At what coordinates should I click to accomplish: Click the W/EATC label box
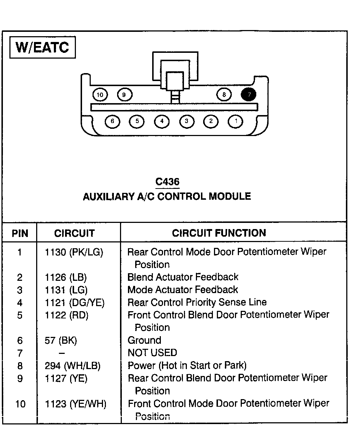42,47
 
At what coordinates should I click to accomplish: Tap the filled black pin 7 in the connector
249,95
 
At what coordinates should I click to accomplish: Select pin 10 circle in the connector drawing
100,95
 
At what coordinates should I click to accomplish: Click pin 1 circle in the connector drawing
236,121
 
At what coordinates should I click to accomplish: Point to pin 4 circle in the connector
162,121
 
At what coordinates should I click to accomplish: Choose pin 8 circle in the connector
224,95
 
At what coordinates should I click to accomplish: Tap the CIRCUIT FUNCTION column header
219,233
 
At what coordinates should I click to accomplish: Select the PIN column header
20,233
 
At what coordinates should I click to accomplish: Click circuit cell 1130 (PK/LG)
74,252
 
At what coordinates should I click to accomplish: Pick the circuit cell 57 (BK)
61,340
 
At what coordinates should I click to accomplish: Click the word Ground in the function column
144,340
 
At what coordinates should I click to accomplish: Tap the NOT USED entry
152,353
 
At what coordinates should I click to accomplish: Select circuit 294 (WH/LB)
73,365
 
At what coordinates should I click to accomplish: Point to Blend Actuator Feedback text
183,277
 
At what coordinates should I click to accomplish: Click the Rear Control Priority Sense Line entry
197,302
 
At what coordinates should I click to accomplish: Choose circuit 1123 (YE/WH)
76,403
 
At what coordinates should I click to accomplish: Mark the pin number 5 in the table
20,315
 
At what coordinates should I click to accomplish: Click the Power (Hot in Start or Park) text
187,365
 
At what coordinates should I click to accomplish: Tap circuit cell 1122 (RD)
67,315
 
